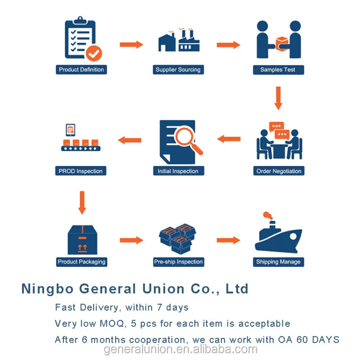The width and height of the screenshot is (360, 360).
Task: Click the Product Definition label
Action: [81, 70]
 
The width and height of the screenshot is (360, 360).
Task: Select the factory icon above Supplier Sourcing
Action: [178, 42]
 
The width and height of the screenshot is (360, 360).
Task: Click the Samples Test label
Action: [277, 70]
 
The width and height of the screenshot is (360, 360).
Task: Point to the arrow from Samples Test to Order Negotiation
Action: [278, 97]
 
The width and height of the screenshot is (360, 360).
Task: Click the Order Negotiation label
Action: [279, 171]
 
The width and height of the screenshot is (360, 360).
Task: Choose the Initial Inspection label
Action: [178, 171]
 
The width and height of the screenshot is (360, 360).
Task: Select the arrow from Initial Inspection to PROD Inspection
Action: [130, 140]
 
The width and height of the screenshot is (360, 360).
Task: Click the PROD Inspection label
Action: [80, 171]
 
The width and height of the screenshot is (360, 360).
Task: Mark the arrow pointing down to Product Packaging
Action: [82, 203]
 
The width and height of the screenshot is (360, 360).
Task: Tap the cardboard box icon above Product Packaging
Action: [82, 240]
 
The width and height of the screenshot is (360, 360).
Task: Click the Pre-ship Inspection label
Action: [179, 262]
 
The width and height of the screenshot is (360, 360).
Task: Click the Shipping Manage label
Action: [278, 262]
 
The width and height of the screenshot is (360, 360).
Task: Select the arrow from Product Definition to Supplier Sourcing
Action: [131, 45]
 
